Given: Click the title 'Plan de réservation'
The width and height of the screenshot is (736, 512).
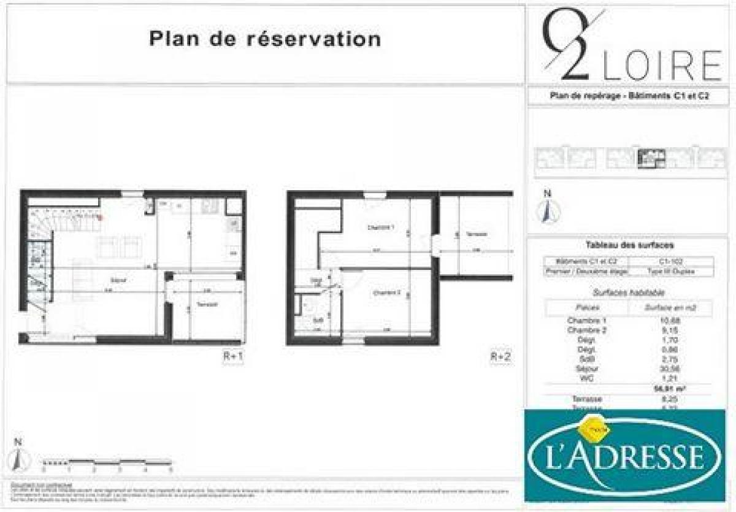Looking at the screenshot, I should point(265,39).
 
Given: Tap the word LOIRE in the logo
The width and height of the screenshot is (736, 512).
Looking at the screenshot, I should point(662,66).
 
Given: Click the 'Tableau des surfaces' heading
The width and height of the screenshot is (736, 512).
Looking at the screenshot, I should point(621,245).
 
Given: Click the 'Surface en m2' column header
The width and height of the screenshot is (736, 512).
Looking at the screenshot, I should point(670,308).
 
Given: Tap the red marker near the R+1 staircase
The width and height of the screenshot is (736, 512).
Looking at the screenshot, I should point(99,216).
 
